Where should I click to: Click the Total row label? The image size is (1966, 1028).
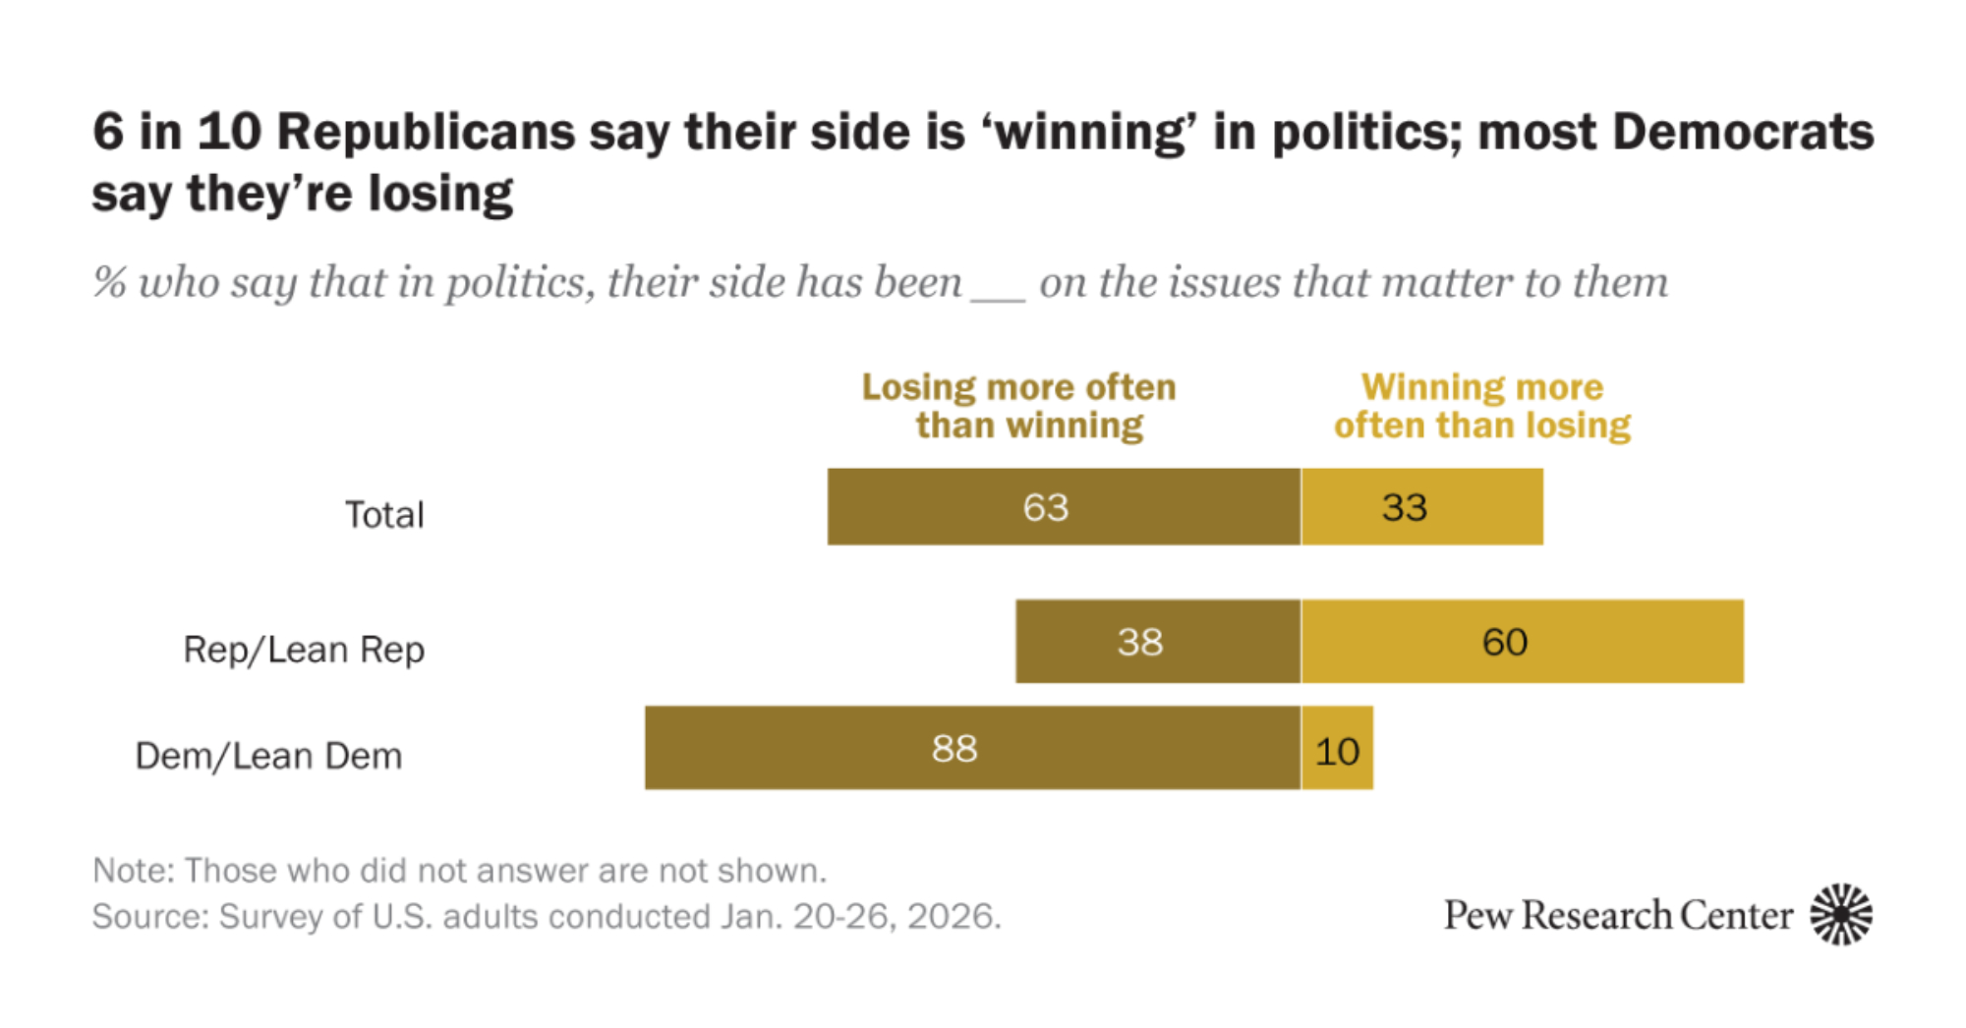pos(384,514)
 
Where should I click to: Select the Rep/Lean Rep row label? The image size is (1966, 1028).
pos(304,650)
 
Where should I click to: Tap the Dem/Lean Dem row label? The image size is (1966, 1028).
pos(268,756)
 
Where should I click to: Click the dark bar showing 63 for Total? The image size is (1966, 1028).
pos(1064,507)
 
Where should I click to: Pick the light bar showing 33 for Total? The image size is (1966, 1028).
pos(1421,507)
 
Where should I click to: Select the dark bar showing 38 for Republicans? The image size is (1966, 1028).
pos(1157,642)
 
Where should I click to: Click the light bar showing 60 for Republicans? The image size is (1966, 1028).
pos(1522,642)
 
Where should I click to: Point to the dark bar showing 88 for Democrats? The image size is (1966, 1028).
pos(972,748)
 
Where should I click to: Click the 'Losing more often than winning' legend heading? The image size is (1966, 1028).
pos(1019,406)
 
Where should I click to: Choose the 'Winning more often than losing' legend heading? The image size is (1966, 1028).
pos(1482,406)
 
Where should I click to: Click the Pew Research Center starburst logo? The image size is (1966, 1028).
pos(1841,914)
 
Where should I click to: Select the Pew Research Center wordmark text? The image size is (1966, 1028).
pos(1617,915)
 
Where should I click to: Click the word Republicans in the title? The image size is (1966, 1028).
pos(426,132)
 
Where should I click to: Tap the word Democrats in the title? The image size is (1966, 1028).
pos(1743,132)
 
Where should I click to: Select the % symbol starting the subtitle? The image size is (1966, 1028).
pos(109,283)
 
